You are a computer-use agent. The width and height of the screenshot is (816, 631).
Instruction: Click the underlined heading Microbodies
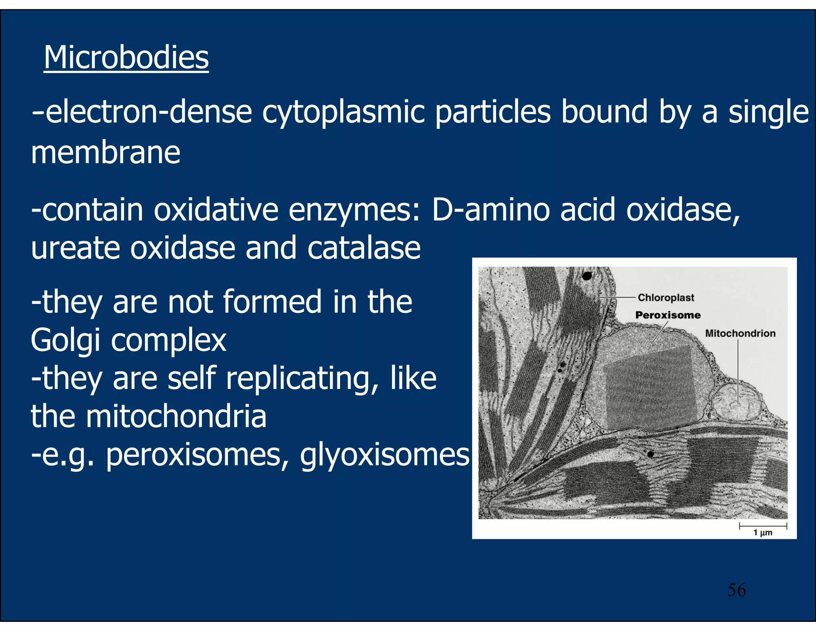click(x=126, y=58)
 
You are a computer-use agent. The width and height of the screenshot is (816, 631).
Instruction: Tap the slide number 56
click(x=736, y=590)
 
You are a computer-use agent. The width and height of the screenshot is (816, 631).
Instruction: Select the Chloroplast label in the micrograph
click(x=666, y=298)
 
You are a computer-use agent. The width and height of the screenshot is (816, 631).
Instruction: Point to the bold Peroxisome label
click(x=668, y=315)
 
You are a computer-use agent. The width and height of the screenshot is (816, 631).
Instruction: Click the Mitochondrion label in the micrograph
click(x=740, y=333)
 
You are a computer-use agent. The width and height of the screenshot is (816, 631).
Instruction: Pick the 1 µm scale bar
click(x=763, y=526)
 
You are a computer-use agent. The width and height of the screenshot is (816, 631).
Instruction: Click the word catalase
click(x=364, y=248)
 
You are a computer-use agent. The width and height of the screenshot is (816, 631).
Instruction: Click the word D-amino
click(x=491, y=210)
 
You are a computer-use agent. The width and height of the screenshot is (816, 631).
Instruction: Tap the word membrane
click(x=106, y=153)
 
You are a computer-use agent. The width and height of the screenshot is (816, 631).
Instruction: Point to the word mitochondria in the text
click(x=176, y=416)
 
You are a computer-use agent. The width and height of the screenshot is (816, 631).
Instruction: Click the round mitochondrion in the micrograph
click(x=736, y=404)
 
